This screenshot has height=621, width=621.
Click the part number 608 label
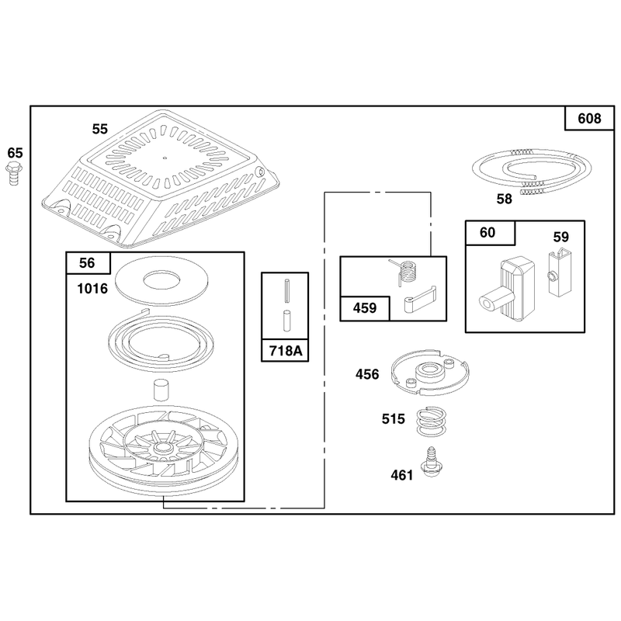click(x=589, y=119)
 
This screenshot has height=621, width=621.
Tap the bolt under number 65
click(x=14, y=174)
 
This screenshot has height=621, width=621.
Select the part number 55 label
click(x=100, y=129)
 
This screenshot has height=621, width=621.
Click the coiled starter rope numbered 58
click(x=532, y=171)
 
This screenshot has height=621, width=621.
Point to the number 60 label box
click(x=490, y=233)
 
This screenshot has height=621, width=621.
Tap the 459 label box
click(x=365, y=308)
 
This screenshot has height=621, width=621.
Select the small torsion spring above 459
click(x=404, y=272)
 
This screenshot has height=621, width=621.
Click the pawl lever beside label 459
click(x=420, y=300)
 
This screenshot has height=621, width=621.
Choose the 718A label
click(x=285, y=351)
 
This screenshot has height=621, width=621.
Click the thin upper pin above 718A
click(x=287, y=290)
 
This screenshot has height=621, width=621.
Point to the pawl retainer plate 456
click(x=430, y=373)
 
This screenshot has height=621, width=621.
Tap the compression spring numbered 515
click(x=431, y=422)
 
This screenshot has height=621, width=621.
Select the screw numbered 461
click(x=432, y=461)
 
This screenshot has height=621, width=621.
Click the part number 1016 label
click(x=92, y=289)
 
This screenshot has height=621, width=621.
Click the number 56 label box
click(x=88, y=262)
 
